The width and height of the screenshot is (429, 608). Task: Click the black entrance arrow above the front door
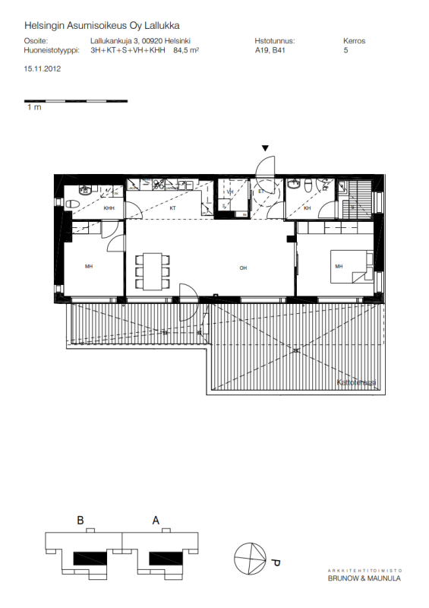pos(265,148)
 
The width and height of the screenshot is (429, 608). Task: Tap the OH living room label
pos(243,268)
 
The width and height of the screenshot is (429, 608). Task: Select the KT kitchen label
pos(172,207)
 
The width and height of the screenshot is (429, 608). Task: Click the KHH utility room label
pos(109,208)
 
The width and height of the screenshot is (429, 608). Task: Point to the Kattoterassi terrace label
pos(357,384)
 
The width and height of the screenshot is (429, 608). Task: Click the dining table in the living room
pos(152,270)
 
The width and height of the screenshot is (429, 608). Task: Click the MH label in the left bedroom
pos(89,266)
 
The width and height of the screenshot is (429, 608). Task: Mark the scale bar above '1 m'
pos(76,101)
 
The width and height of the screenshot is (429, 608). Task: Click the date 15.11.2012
pos(43,68)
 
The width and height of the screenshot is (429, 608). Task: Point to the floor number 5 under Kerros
pos(346,52)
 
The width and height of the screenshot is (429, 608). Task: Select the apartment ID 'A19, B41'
pos(271,52)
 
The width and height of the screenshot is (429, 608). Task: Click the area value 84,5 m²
pos(186,52)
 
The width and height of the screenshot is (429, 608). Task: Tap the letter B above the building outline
pos(80,521)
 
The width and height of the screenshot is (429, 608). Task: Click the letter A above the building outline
pos(156,521)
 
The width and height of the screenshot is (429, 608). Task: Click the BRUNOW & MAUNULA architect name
pos(364,579)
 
